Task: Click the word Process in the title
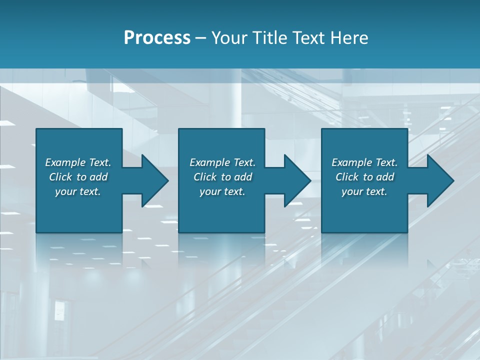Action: click(157, 38)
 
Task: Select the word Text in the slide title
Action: click(309, 38)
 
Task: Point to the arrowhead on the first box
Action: click(152, 180)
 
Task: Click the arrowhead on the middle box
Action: click(295, 180)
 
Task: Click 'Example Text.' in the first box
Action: click(78, 162)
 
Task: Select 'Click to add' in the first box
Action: click(78, 177)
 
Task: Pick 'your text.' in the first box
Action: click(78, 191)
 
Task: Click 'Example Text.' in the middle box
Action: click(222, 162)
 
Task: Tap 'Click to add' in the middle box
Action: click(222, 177)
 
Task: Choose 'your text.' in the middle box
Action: click(222, 191)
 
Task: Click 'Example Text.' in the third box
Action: click(364, 162)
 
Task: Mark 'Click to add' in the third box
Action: click(364, 177)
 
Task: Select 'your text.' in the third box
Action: click(364, 191)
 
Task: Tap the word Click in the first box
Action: click(60, 177)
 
